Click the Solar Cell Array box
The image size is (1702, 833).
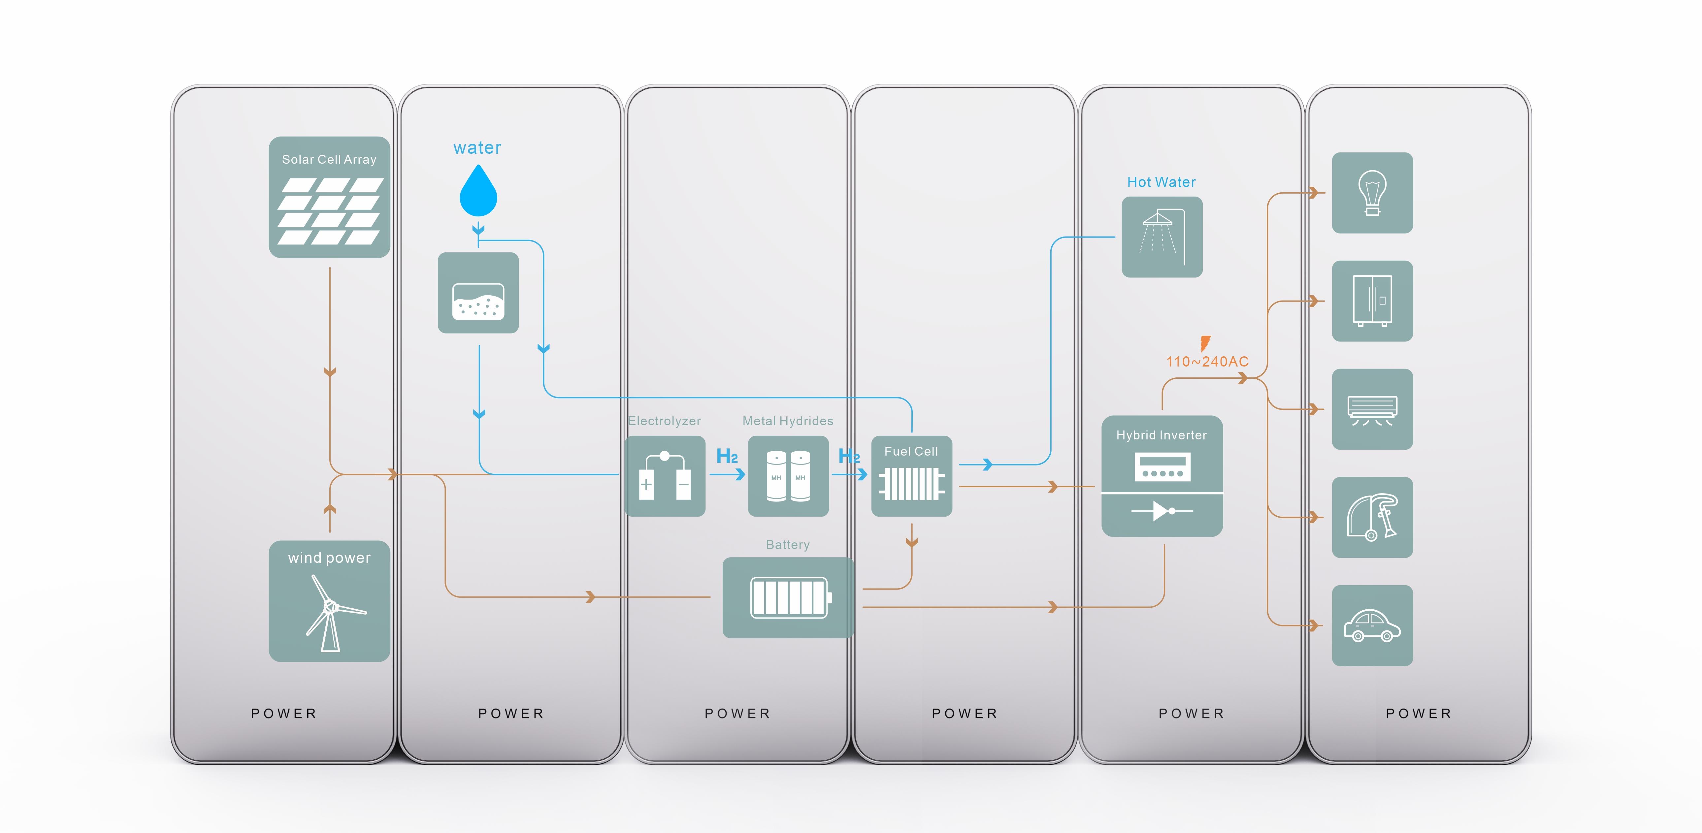click(329, 197)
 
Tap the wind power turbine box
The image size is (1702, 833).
click(329, 601)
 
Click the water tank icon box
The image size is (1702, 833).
click(478, 293)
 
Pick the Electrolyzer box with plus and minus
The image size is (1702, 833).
click(665, 476)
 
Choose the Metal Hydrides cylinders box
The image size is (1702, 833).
click(788, 476)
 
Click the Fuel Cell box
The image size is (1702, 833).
click(912, 476)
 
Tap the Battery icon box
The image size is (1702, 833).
click(788, 597)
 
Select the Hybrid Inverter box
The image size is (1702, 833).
click(1162, 476)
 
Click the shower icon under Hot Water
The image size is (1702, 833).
click(1162, 237)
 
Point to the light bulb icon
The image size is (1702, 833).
click(1372, 193)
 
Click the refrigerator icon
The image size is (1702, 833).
click(1372, 301)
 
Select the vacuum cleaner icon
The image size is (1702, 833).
click(1372, 517)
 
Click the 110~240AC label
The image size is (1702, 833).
click(1207, 361)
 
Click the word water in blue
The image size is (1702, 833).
click(477, 147)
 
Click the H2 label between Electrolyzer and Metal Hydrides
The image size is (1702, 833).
click(727, 456)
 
